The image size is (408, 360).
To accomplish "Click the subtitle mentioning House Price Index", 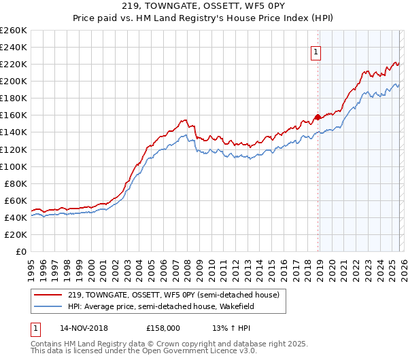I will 203,19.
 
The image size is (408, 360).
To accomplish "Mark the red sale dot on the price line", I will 318,117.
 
